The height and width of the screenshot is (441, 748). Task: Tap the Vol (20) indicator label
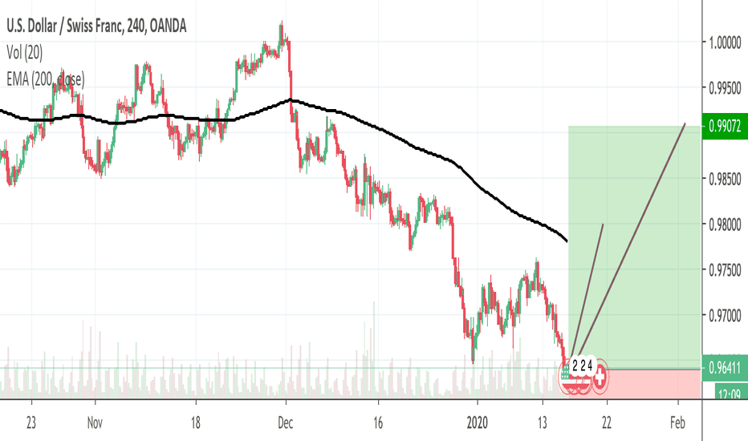(x=27, y=52)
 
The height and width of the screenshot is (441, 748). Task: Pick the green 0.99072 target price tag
(x=725, y=125)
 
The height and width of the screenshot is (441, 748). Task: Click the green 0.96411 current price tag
(x=725, y=369)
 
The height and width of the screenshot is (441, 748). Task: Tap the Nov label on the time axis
(x=95, y=423)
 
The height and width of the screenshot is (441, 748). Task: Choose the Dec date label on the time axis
(x=286, y=423)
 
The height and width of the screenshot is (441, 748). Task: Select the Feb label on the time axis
(x=677, y=423)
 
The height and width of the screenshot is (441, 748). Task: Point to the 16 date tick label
(x=380, y=423)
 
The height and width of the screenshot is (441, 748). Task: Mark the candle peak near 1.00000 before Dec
(x=281, y=25)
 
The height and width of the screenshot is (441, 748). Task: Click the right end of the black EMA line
(x=567, y=240)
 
